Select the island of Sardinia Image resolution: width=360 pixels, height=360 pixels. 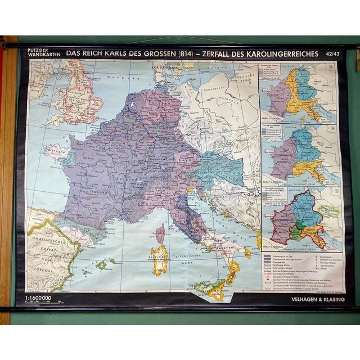click(x=160, y=260)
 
